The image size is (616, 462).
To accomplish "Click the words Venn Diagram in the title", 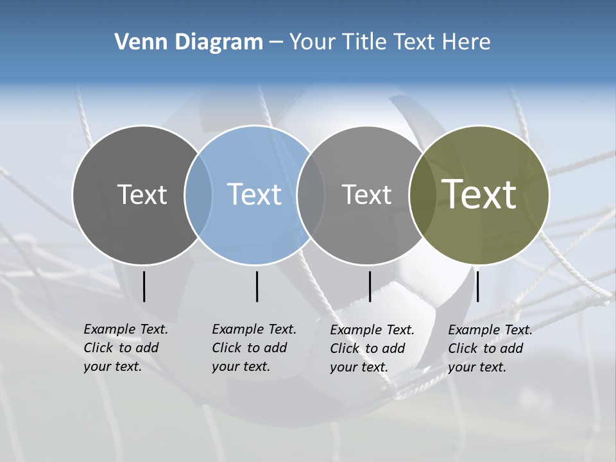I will (x=189, y=42).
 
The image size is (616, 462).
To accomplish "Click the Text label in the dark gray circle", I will (x=142, y=194).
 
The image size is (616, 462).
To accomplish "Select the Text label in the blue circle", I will (x=255, y=194).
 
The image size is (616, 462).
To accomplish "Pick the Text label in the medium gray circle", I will (x=366, y=194).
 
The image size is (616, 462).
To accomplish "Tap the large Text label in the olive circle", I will (x=479, y=194).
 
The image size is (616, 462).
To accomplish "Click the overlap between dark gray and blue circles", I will (x=198, y=194).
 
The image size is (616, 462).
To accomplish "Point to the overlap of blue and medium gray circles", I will (x=311, y=194).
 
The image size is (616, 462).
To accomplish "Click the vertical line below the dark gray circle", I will (x=144, y=286).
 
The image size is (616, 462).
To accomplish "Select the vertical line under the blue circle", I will (x=257, y=286).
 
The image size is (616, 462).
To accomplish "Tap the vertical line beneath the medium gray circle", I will (x=370, y=286).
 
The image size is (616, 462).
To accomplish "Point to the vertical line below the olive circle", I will (x=477, y=286).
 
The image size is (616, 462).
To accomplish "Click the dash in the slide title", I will (x=276, y=42).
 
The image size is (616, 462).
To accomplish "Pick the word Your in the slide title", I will (x=312, y=42).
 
